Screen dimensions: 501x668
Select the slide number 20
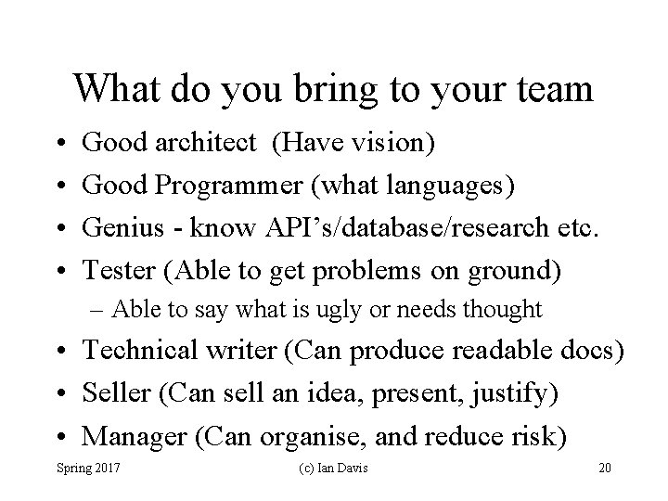pyautogui.click(x=605, y=469)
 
